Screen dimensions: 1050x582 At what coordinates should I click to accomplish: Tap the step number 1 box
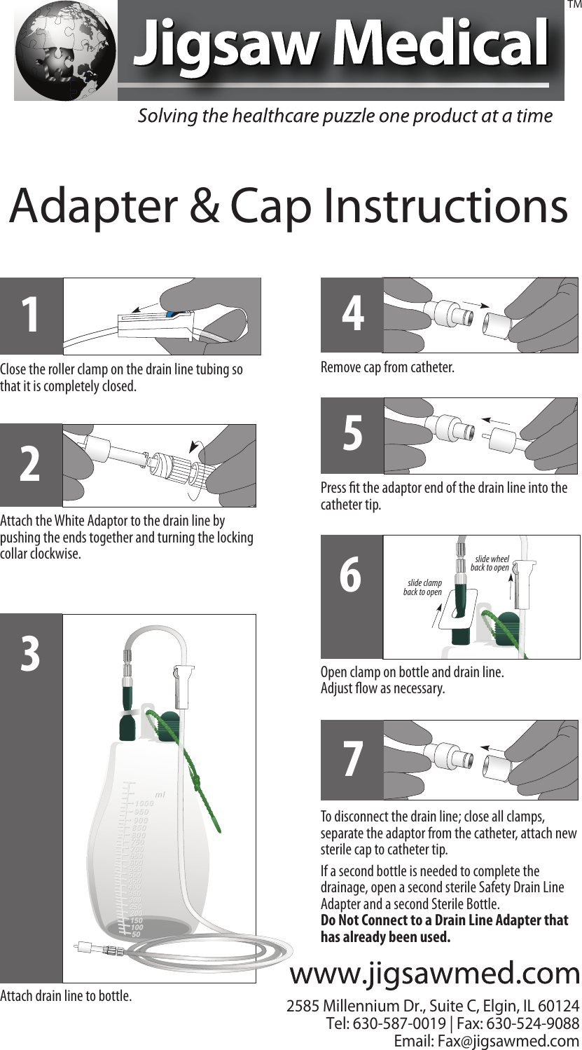(x=31, y=315)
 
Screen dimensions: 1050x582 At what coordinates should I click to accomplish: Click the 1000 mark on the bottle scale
(x=144, y=803)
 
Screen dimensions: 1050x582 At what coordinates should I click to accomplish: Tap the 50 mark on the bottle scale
(x=137, y=934)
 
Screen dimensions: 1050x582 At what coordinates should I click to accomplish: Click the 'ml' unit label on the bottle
(x=160, y=794)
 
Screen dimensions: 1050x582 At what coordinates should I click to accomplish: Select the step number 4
(x=352, y=315)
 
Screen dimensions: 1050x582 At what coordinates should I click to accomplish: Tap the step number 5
(x=352, y=435)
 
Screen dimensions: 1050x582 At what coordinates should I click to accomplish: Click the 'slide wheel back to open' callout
(x=490, y=563)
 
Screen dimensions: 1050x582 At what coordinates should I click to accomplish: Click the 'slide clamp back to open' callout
(x=423, y=588)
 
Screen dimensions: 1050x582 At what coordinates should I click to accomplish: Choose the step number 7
(x=352, y=760)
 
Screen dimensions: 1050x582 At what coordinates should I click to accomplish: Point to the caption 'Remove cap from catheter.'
(x=387, y=367)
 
